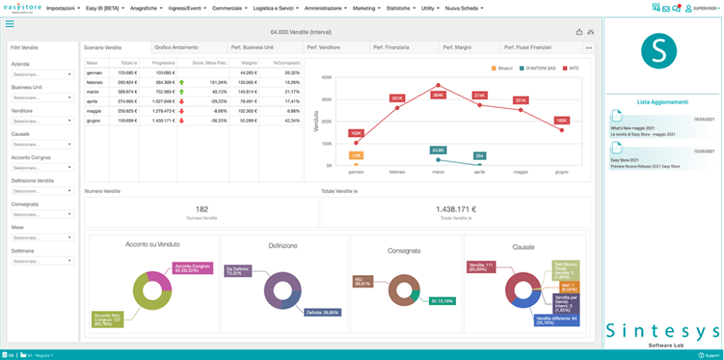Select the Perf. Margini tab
point(457,47)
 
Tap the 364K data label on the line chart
point(438,74)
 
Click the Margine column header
point(248,63)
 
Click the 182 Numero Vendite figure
point(202,209)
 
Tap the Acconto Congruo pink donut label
point(192,268)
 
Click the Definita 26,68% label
point(323,311)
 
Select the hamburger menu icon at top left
point(9,24)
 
